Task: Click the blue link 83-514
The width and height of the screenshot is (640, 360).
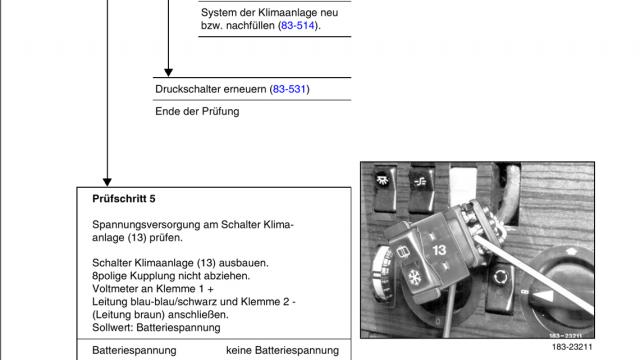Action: click(298, 25)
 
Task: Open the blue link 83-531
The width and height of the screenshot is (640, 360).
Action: click(289, 89)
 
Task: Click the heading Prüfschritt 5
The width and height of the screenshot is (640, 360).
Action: click(124, 199)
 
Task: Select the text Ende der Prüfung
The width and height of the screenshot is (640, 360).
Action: click(197, 111)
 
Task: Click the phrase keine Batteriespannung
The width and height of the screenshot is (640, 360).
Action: click(282, 350)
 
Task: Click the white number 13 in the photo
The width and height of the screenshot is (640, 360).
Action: click(439, 250)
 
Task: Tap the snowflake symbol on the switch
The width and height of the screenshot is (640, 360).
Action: click(415, 278)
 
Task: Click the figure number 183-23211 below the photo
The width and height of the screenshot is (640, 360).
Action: click(572, 347)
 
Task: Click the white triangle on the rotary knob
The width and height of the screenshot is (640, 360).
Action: click(545, 296)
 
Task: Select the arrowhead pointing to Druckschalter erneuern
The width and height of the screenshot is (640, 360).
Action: click(168, 73)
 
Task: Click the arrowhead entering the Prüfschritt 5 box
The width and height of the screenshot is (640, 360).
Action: click(107, 182)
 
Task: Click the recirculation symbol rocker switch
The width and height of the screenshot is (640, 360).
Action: click(500, 284)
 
